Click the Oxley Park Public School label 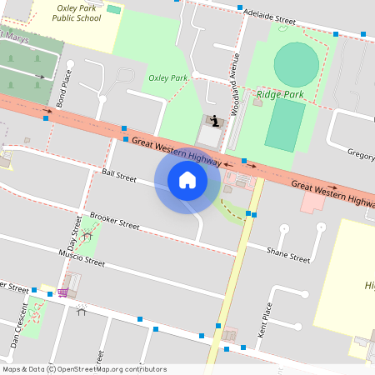pos(77,12)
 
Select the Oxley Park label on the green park pos(167,77)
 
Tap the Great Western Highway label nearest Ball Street pos(176,150)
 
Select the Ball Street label pos(118,176)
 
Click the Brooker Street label pos(114,219)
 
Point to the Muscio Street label pos(82,257)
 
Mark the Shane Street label pos(287,255)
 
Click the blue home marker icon pos(187,179)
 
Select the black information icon pos(216,121)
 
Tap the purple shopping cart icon pos(62,292)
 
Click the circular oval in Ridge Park pos(296,63)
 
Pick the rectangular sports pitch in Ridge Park pos(285,125)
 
